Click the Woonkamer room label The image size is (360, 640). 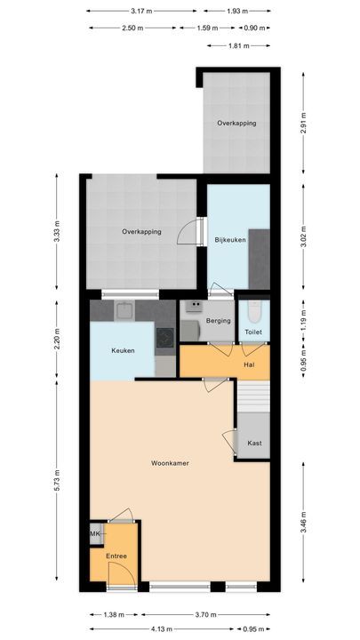coord(169,463)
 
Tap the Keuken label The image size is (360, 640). coord(123,350)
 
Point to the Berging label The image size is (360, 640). coord(219,321)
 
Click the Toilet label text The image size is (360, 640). coord(253,332)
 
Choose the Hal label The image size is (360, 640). coord(250,364)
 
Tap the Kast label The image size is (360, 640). coord(255,443)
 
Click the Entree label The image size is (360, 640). coord(116,556)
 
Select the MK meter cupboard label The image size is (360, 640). coord(95,533)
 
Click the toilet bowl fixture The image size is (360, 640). coord(254,312)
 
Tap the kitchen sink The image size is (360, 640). coord(124,311)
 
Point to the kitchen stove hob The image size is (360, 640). coord(164,337)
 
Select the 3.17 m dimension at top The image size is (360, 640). coord(138,12)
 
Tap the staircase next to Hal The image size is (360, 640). coord(253,396)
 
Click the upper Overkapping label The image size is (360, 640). coord(236,123)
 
